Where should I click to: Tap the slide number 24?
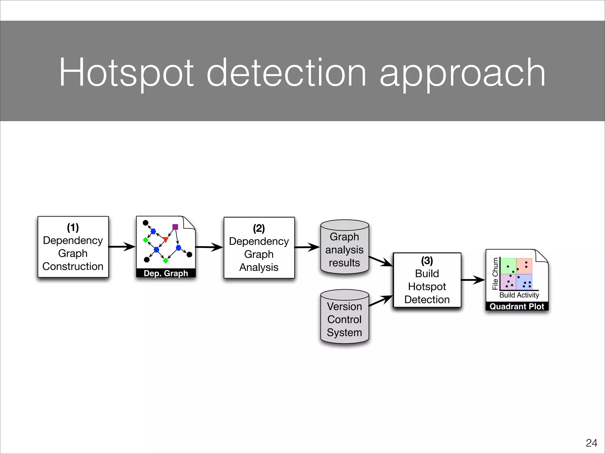(591, 443)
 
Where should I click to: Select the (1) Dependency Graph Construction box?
(73, 247)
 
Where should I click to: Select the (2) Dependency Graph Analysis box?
(259, 248)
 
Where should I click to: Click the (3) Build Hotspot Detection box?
(427, 280)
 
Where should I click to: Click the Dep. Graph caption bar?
(166, 273)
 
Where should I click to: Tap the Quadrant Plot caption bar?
(517, 307)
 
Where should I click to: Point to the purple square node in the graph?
(175, 227)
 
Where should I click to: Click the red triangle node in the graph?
(166, 239)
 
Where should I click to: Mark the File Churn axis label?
(495, 274)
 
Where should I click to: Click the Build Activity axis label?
(519, 295)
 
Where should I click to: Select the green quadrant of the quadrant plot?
(508, 266)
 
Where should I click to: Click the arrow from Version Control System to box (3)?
(381, 301)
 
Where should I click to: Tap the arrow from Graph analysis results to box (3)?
(381, 261)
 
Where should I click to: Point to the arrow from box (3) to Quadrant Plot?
(473, 280)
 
